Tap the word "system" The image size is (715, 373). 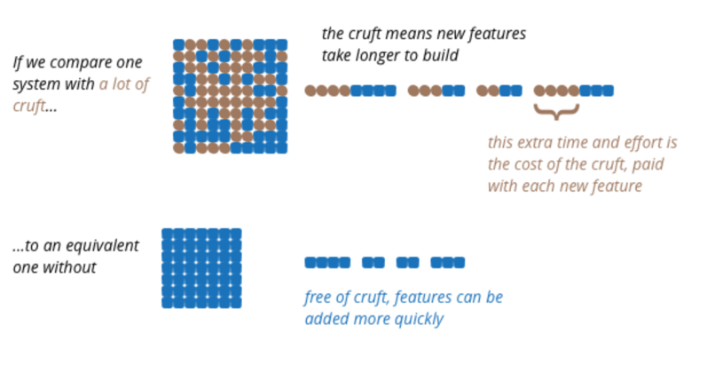[x=35, y=85]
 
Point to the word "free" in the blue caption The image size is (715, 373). [x=318, y=298]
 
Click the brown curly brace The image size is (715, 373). [x=556, y=112]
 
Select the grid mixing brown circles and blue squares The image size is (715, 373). [x=231, y=96]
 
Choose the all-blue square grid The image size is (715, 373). [x=201, y=268]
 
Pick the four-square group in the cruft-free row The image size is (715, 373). [x=327, y=263]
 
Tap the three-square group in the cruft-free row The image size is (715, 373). [x=448, y=263]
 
